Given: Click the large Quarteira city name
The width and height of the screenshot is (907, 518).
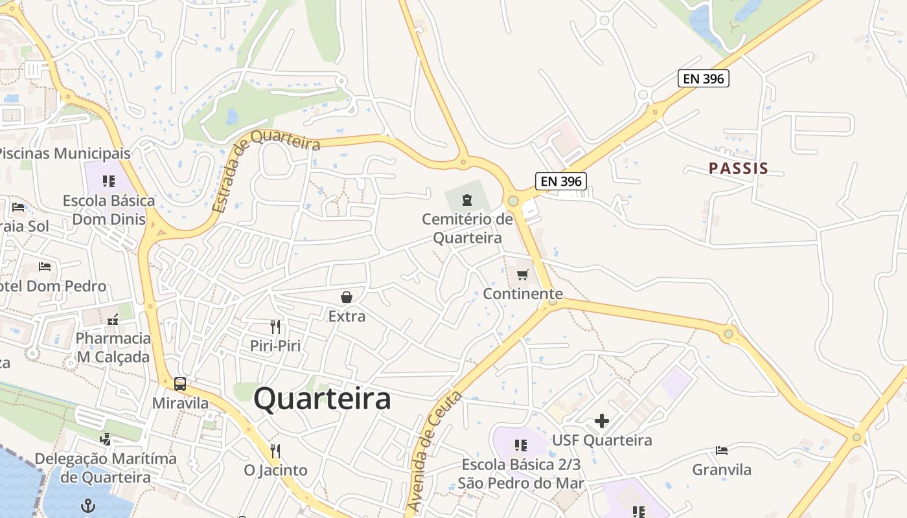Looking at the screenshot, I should click(322, 399).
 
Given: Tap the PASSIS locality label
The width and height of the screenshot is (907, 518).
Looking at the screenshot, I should click(738, 169).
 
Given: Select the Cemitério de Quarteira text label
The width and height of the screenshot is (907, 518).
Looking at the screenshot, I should click(467, 229).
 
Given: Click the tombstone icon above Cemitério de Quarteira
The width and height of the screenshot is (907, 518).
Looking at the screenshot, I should click(466, 199).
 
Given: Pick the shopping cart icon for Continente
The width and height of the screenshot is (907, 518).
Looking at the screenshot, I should click(523, 275).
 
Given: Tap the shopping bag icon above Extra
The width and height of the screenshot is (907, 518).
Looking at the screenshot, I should click(347, 297).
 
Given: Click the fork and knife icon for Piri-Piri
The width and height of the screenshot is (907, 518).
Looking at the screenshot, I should click(275, 327).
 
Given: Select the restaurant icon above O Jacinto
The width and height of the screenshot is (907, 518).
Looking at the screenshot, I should click(275, 451).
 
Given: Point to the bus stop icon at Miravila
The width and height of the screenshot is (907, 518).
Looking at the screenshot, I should click(180, 384).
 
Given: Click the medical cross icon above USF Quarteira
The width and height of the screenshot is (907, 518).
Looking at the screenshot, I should click(601, 421).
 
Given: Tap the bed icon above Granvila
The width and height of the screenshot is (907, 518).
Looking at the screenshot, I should click(721, 451).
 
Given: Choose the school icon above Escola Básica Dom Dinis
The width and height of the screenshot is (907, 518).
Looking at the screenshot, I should click(109, 181).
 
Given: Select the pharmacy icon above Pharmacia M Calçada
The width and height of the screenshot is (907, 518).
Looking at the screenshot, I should click(113, 320).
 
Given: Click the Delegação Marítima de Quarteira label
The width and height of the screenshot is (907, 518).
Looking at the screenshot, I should click(106, 468).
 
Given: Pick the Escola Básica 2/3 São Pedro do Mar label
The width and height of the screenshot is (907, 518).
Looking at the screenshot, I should click(521, 474).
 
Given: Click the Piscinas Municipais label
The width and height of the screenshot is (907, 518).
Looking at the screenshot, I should click(65, 153).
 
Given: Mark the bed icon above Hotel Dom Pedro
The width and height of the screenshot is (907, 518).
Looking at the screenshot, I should click(44, 267).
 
